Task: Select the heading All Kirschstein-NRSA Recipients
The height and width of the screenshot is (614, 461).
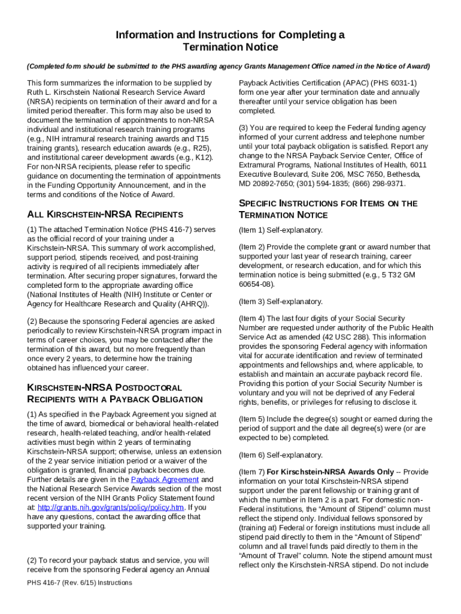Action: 105,214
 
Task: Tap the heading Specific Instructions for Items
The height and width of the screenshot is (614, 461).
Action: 328,209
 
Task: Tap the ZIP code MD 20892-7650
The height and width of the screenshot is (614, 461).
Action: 268,183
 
